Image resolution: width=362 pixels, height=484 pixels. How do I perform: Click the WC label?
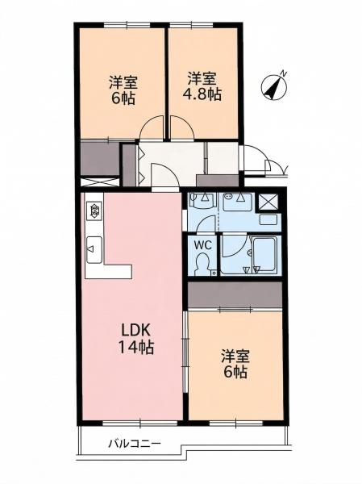coord(202,245)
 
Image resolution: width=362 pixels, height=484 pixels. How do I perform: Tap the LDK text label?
coord(135,331)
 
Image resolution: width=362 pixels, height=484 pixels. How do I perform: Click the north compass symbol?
coord(274,87)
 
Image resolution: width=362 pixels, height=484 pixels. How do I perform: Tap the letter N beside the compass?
coord(283,73)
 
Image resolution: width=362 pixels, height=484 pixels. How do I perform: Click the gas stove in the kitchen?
coord(94,211)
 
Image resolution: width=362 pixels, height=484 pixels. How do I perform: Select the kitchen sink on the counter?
coord(94,250)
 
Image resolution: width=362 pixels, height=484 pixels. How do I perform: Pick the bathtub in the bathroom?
coord(264,254)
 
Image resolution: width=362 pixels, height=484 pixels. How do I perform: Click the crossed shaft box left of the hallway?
coord(100,181)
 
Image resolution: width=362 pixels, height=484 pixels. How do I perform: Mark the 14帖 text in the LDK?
coord(136,348)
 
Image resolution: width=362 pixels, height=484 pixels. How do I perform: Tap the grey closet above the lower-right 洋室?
coord(235,294)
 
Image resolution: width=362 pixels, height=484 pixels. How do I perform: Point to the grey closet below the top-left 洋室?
coord(100,158)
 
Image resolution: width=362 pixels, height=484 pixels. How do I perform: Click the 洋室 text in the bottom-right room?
coord(235,357)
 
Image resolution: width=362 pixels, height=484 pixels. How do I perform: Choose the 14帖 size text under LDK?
coord(136,348)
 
